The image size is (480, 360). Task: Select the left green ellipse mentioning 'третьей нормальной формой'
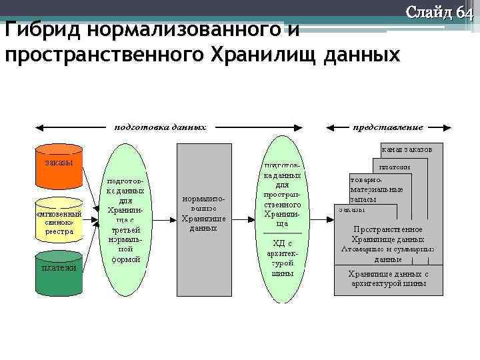123,220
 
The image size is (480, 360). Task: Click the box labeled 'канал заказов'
407,150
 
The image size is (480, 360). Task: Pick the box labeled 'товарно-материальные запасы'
377,189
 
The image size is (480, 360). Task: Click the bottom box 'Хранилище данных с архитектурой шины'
388,279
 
